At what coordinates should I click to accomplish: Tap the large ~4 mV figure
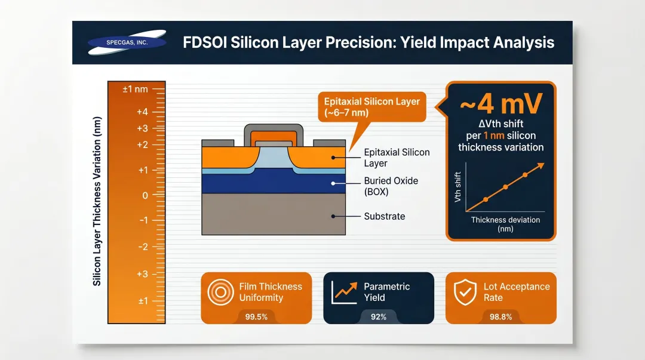(500, 104)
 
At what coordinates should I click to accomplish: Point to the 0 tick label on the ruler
(145, 195)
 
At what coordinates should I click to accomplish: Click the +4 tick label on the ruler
(142, 112)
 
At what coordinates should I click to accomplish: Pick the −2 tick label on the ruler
(143, 247)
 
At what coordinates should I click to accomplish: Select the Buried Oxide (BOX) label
(391, 186)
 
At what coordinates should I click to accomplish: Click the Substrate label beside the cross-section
(384, 216)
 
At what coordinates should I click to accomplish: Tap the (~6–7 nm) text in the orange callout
(346, 112)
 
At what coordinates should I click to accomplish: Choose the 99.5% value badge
(256, 316)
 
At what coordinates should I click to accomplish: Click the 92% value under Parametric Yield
(379, 316)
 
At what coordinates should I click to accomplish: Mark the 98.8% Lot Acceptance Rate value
(500, 316)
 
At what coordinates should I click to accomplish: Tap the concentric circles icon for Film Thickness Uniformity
(220, 292)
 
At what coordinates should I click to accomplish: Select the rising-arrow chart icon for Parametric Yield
(344, 291)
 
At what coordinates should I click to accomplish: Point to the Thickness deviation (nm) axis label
(505, 224)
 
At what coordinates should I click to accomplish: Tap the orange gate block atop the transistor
(273, 138)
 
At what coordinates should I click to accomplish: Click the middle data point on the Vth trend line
(505, 187)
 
